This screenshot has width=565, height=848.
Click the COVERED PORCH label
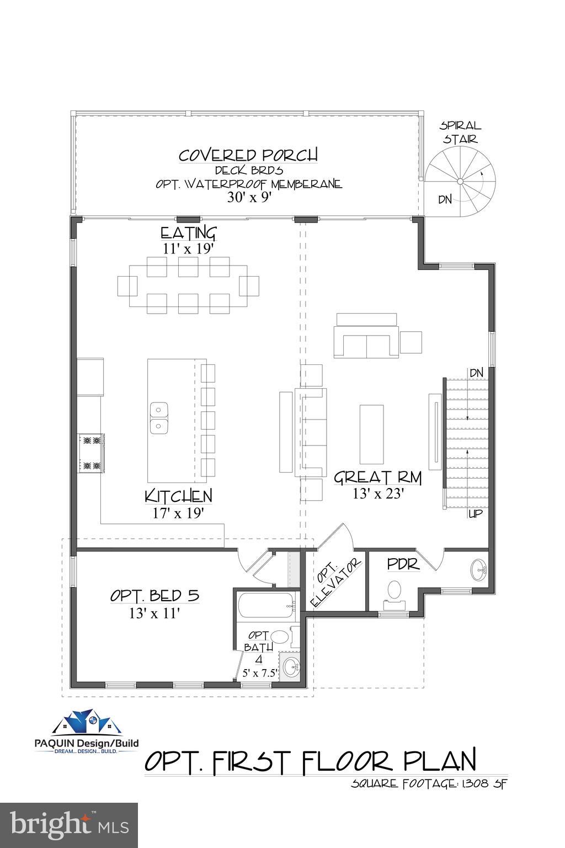[248, 155]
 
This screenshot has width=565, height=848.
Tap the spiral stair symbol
[460, 181]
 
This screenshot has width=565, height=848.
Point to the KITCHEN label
[178, 496]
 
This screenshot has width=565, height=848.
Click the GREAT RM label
[378, 477]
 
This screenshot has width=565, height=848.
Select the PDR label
[403, 564]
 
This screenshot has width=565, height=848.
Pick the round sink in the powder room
[477, 569]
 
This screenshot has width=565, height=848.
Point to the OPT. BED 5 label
[154, 596]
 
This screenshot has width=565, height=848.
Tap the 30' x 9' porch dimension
[249, 197]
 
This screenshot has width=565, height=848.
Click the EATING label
[188, 232]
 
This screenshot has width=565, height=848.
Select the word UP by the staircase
[476, 514]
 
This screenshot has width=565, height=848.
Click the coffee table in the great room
[371, 434]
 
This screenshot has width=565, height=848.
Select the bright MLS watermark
[69, 825]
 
